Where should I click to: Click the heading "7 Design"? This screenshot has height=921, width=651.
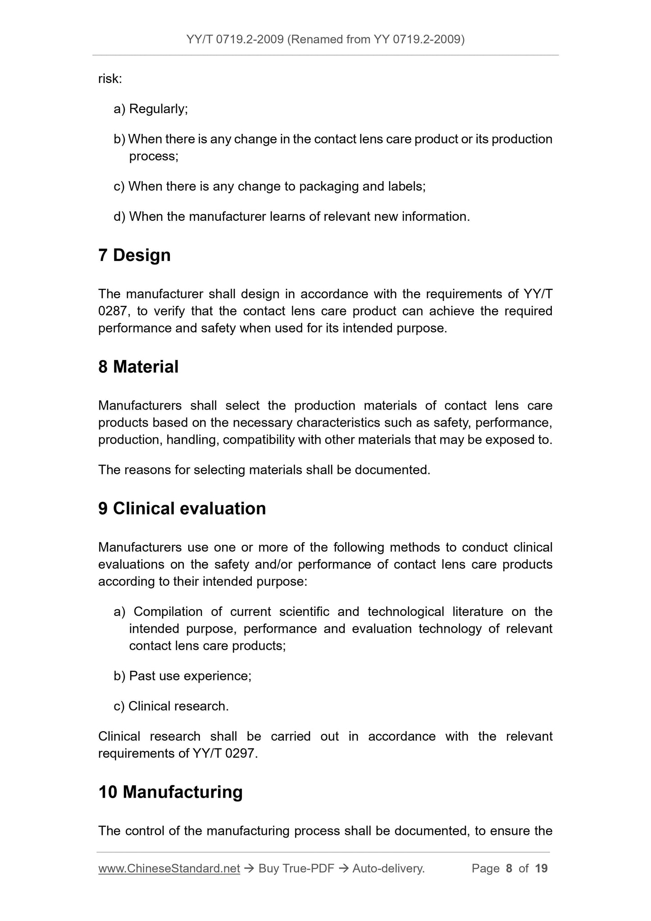coord(134,255)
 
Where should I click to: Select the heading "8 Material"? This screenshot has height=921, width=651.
coord(138,367)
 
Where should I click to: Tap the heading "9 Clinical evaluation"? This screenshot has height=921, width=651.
coord(182,508)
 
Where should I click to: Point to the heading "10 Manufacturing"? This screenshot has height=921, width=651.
coord(170,792)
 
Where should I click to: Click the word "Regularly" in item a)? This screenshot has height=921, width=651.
coord(157,109)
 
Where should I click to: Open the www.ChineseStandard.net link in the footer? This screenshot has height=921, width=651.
coord(169,868)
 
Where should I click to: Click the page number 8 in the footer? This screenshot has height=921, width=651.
coord(509,868)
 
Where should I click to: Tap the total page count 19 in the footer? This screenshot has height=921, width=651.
coord(541,868)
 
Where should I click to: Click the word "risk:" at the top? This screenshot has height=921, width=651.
coord(110,79)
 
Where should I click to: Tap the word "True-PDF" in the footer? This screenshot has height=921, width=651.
coord(308,868)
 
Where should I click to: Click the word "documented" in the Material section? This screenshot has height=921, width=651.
coord(392,470)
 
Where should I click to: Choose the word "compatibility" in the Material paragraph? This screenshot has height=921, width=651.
coord(259,439)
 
